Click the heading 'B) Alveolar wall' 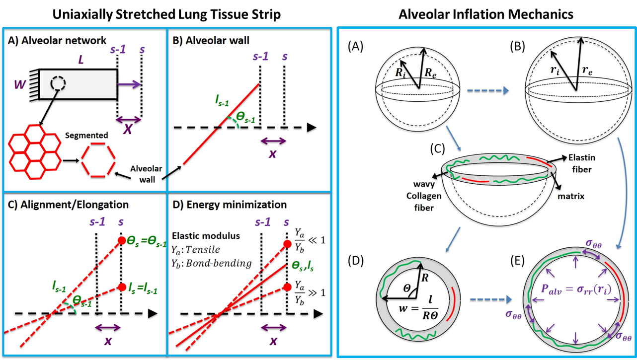211,40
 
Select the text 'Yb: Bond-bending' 211,264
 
